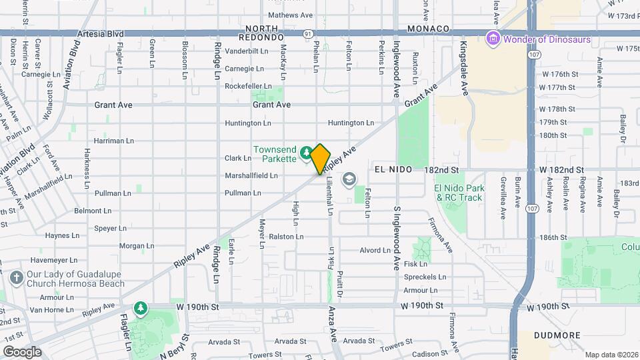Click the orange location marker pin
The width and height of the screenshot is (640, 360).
pos(321,159)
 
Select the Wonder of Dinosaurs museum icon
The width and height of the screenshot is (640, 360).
pos(493,39)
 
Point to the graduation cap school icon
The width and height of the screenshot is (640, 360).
pos(349,179)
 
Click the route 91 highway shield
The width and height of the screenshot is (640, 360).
pos(307,33)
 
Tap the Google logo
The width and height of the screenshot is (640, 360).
pos(22,351)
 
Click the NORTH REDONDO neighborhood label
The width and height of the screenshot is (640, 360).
pos(265,33)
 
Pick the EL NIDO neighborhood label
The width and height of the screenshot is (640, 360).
pos(395,170)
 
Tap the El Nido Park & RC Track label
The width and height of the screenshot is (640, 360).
pos(459,193)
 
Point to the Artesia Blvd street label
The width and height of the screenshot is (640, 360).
pos(101,33)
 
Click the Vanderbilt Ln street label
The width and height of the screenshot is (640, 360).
pos(246,51)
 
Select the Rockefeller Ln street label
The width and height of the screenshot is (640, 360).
pos(247,86)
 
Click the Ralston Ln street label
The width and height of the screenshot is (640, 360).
pos(287,237)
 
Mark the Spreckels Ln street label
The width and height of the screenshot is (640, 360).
pos(424,277)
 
